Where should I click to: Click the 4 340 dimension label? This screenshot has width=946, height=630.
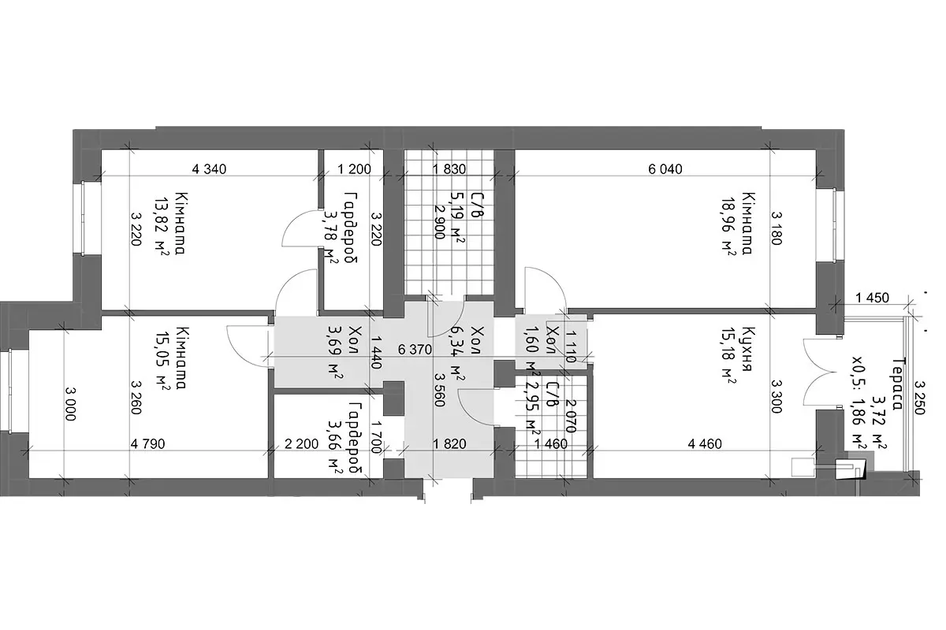[x=209, y=169]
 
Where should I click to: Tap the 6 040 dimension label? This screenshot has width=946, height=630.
[x=665, y=169]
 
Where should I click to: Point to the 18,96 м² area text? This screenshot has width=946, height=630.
[x=729, y=224]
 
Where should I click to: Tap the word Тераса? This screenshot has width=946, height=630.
[x=897, y=384]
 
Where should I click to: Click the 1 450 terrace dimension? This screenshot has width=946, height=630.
[x=873, y=298]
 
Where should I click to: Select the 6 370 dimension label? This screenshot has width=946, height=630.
[x=415, y=350]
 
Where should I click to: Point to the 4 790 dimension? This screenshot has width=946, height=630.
[x=148, y=444]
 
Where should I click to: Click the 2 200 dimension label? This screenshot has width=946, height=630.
[x=301, y=444]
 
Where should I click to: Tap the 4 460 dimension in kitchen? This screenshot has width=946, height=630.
[x=705, y=444]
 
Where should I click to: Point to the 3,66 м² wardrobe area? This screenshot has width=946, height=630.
[x=335, y=449]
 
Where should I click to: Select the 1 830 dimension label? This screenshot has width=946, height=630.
[x=449, y=169]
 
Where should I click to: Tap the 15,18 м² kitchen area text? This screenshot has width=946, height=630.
[x=729, y=357]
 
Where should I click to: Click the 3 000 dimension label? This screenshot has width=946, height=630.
[x=70, y=404]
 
